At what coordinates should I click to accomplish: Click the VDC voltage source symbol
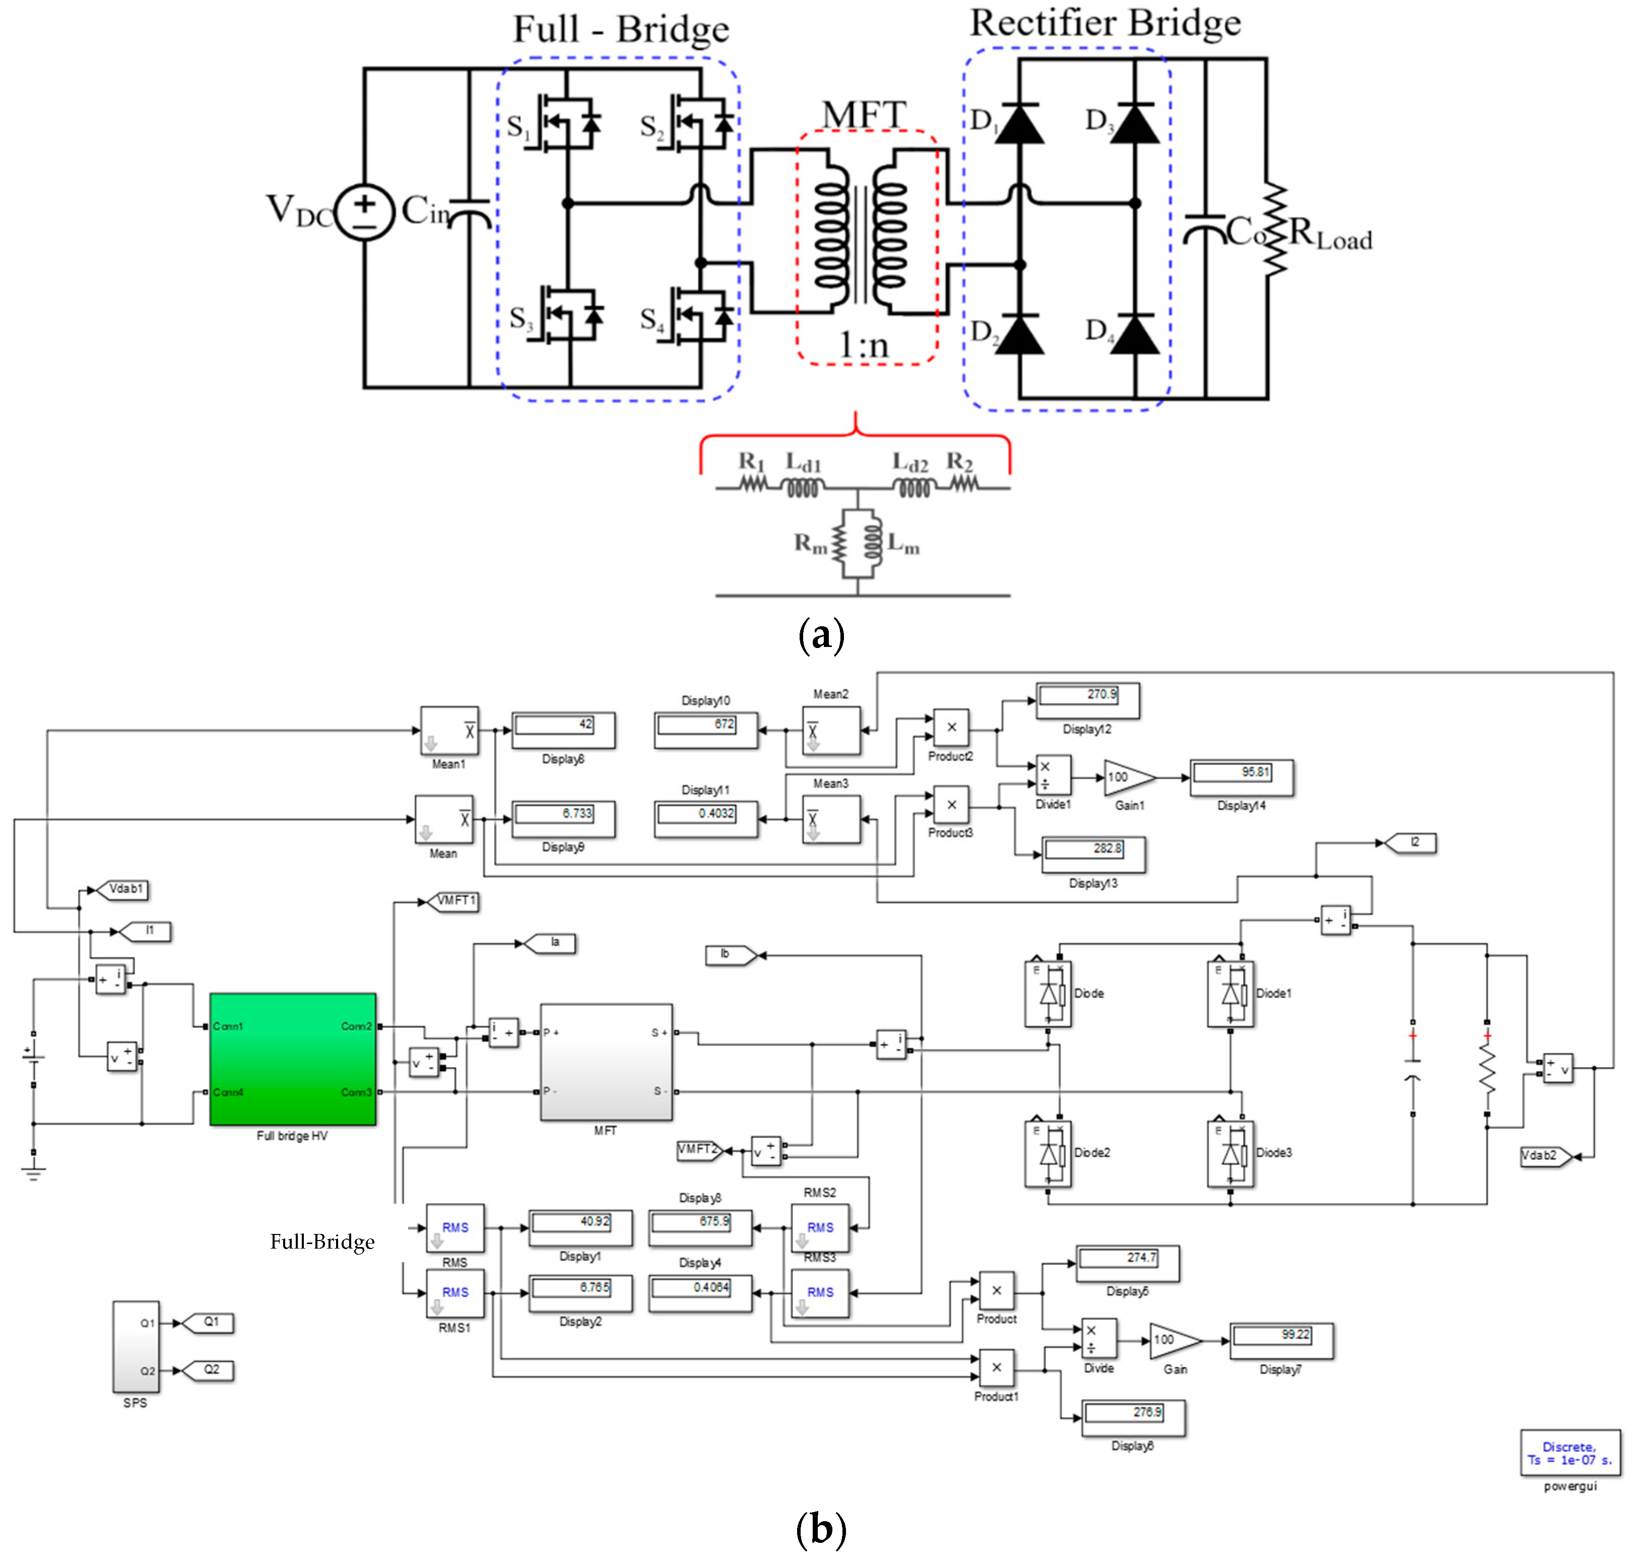pyautogui.click(x=364, y=213)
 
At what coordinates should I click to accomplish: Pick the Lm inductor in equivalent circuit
pyautogui.click(x=872, y=543)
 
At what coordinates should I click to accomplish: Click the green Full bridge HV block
pyautogui.click(x=292, y=1058)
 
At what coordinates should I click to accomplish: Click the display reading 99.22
pyautogui.click(x=1281, y=1340)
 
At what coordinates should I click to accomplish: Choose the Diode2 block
pyautogui.click(x=1048, y=1153)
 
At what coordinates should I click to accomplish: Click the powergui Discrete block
pyautogui.click(x=1570, y=1453)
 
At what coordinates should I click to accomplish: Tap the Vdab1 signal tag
pyautogui.click(x=123, y=889)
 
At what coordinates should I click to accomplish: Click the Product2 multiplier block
pyautogui.click(x=951, y=728)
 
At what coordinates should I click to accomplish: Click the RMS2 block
pyautogui.click(x=820, y=1227)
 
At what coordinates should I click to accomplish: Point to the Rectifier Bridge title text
pyautogui.click(x=1105, y=23)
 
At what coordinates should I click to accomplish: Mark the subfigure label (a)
pyautogui.click(x=821, y=636)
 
